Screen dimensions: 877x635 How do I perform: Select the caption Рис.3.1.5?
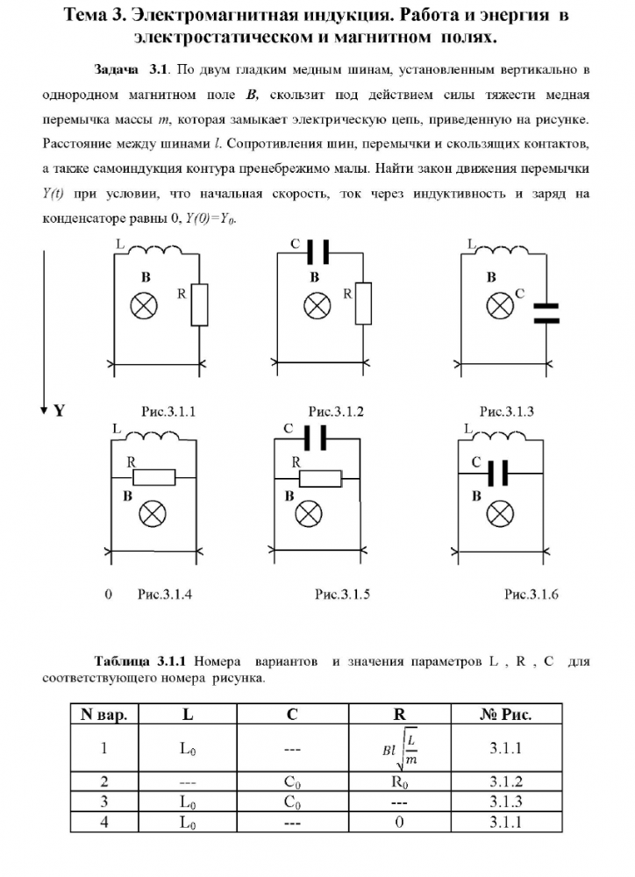pyautogui.click(x=342, y=594)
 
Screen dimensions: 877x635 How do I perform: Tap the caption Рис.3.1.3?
pyautogui.click(x=506, y=411)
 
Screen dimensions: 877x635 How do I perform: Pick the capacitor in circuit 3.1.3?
pyautogui.click(x=546, y=313)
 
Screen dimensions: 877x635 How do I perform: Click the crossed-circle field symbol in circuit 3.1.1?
pyautogui.click(x=143, y=306)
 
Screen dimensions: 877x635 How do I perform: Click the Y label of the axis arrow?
pyautogui.click(x=59, y=410)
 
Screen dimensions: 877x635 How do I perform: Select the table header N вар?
pyautogui.click(x=103, y=715)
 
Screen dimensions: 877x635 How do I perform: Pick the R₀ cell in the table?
pyautogui.click(x=399, y=781)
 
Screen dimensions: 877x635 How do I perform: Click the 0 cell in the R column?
pyautogui.click(x=399, y=823)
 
